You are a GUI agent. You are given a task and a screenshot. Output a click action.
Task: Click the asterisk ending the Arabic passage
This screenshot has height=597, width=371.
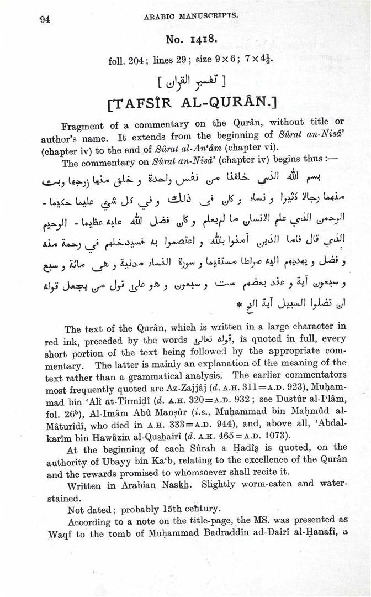(x=239, y=303)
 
